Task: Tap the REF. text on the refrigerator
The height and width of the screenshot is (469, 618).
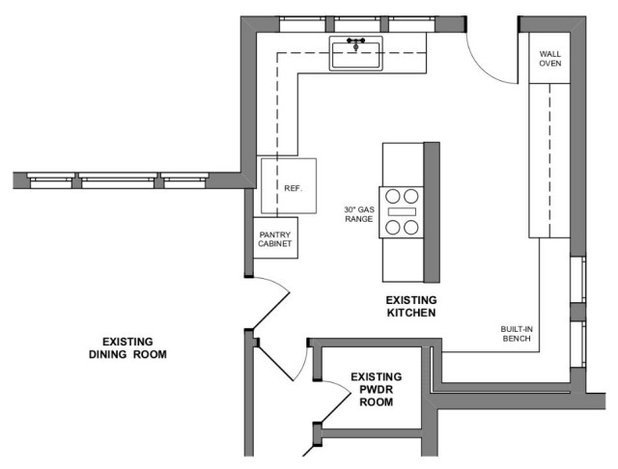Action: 293,187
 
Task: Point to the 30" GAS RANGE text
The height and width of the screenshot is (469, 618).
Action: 356,213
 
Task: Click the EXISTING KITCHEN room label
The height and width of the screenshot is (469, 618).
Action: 412,306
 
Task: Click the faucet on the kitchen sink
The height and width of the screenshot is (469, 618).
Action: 354,43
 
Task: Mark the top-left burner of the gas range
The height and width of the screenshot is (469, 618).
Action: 391,196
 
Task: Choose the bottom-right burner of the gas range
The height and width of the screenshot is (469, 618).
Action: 410,227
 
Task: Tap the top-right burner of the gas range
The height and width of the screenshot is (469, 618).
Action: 410,196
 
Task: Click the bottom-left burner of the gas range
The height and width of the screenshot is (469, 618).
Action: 391,227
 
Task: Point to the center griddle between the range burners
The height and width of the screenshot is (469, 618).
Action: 401,212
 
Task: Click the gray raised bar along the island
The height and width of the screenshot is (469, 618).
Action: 432,212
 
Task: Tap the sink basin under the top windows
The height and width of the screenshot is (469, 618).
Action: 354,57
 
